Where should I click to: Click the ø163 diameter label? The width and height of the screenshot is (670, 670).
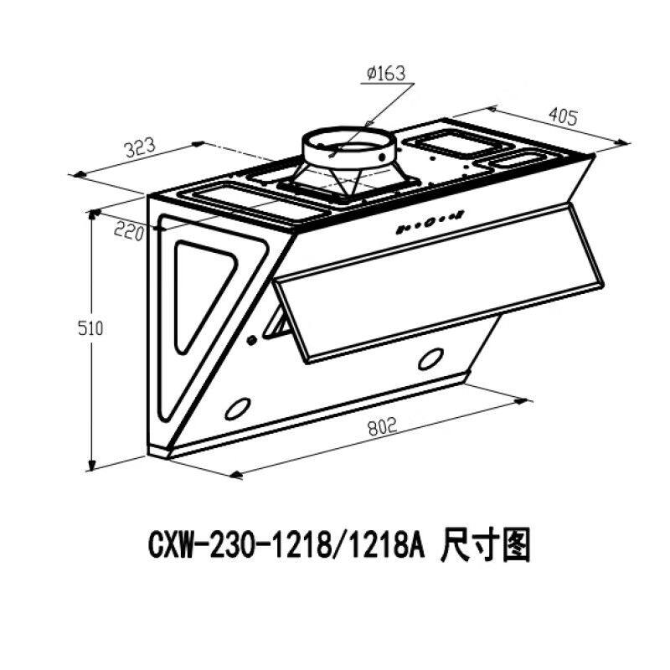[385, 74]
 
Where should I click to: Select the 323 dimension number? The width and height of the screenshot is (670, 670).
[139, 149]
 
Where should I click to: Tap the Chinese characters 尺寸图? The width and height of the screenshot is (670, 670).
[484, 549]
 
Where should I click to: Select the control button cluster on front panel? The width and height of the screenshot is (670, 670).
[428, 222]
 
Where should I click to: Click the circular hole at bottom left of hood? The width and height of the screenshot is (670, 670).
[238, 408]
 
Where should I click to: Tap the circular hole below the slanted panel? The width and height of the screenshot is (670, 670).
[430, 359]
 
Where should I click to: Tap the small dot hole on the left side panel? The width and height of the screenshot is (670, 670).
[252, 340]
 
